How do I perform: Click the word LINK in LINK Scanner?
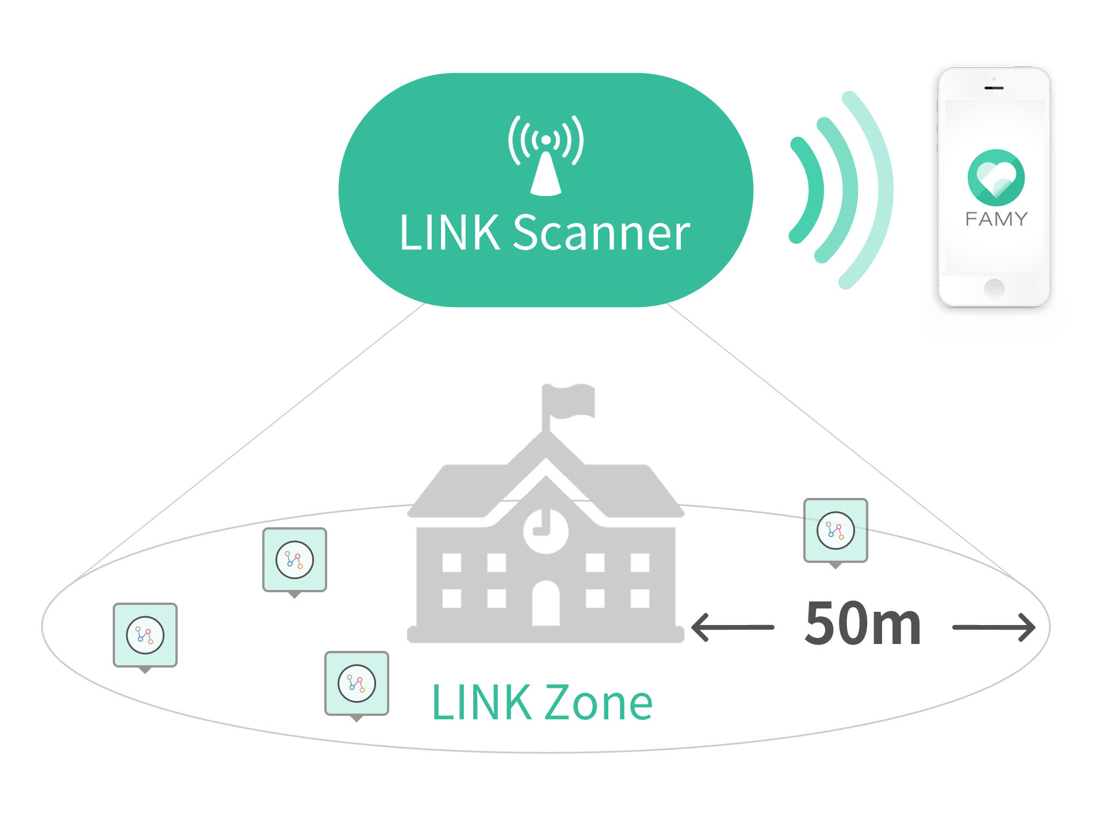pyautogui.click(x=449, y=233)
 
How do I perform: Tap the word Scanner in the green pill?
pyautogui.click(x=601, y=233)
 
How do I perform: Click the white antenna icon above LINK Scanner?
pyautogui.click(x=546, y=155)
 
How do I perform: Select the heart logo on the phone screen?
pyautogui.click(x=996, y=177)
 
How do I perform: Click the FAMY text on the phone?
pyautogui.click(x=996, y=219)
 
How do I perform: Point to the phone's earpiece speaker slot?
pyautogui.click(x=994, y=88)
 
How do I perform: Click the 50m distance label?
pyautogui.click(x=862, y=624)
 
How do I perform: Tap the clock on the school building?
pyautogui.click(x=546, y=530)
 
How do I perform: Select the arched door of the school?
pyautogui.click(x=546, y=604)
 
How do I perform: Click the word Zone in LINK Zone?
pyautogui.click(x=598, y=703)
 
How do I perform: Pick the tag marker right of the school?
pyautogui.click(x=835, y=530)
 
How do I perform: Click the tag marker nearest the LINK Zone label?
pyautogui.click(x=356, y=683)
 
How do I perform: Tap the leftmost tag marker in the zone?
pyautogui.click(x=145, y=635)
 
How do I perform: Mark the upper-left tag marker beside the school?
pyautogui.click(x=294, y=559)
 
